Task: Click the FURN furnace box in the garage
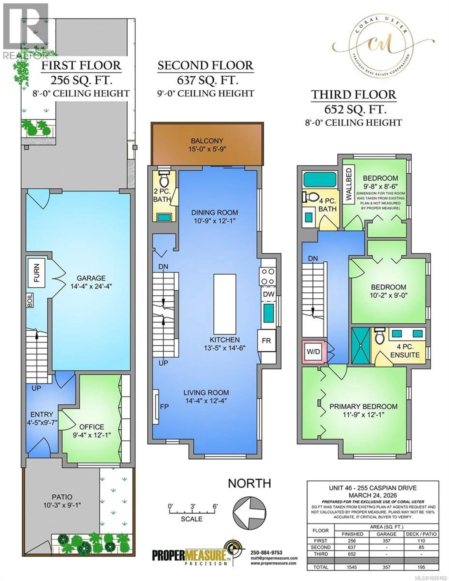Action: (36, 273)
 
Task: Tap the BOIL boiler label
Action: (30, 300)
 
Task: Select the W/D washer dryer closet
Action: (313, 351)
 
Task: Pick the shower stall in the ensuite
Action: (361, 345)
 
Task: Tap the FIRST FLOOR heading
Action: (81, 65)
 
